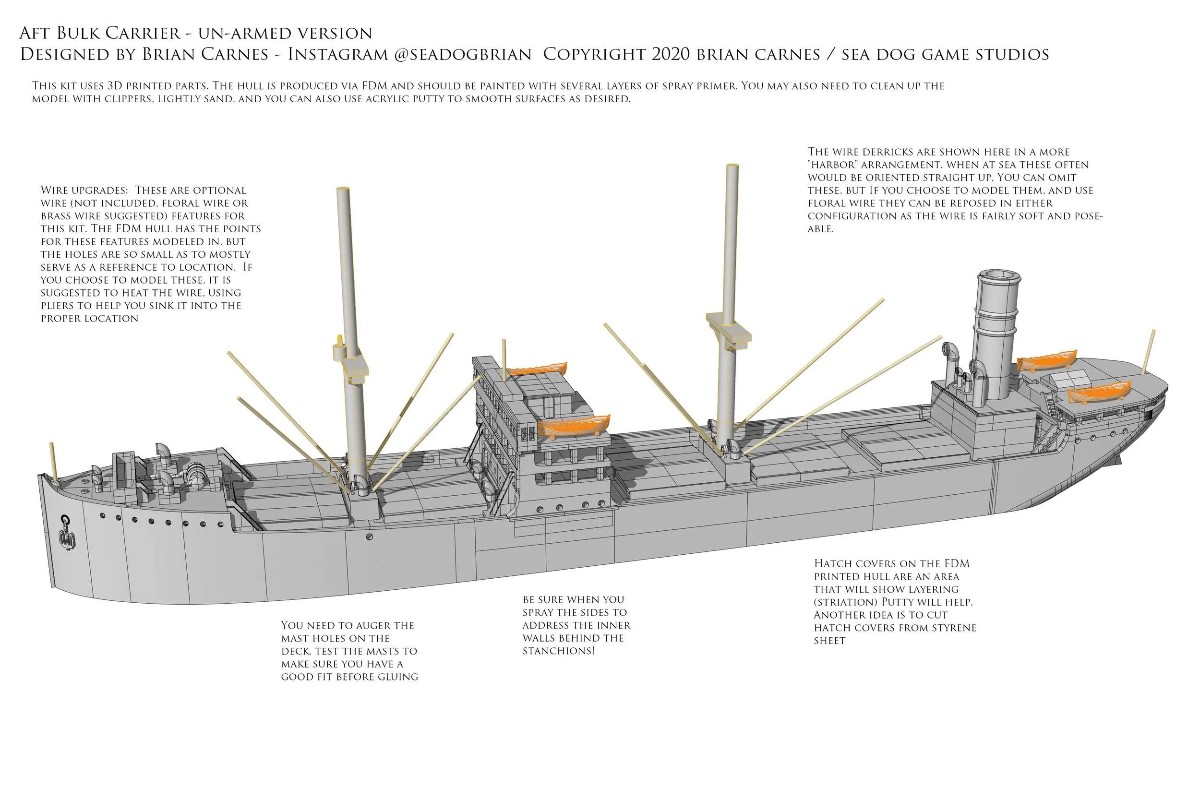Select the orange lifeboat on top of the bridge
pos(537,368)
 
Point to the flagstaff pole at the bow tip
pos(53,461)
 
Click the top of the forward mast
pos(342,190)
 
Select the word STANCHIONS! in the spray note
pos(558,651)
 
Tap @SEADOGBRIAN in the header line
pos(463,55)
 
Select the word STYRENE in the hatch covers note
pos(948,628)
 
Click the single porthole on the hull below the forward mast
pos(370,537)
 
